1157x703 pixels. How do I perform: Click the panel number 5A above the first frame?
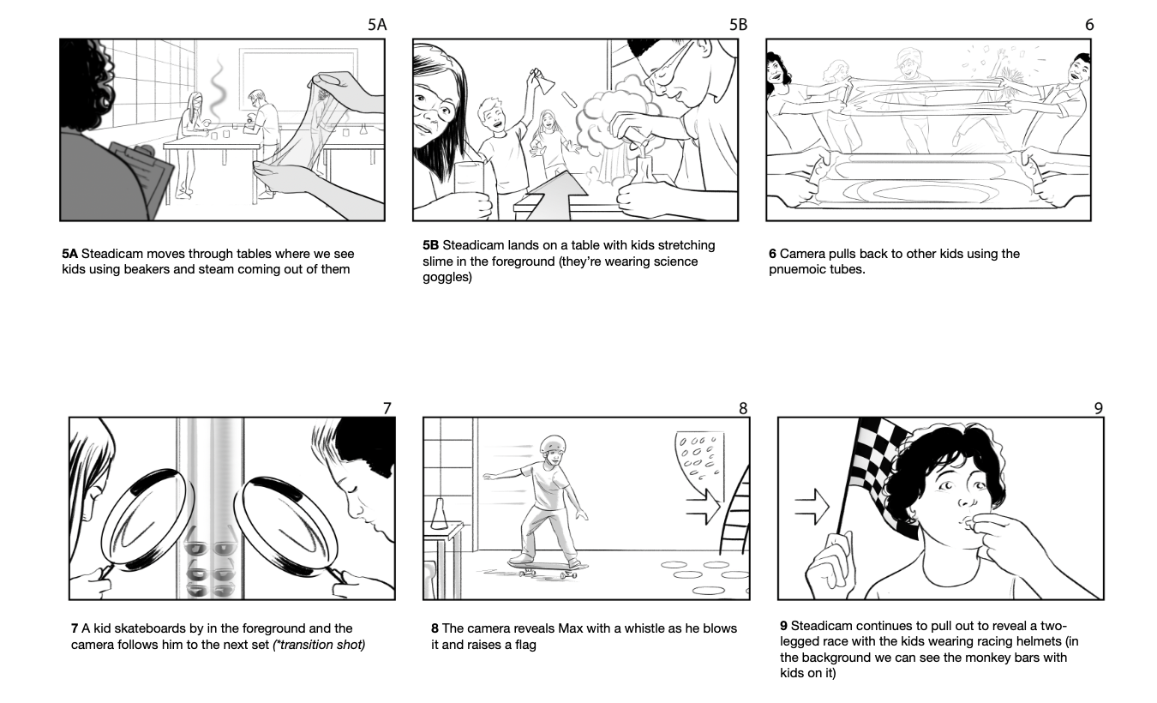[x=377, y=24]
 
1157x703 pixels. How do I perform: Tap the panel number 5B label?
[x=738, y=24]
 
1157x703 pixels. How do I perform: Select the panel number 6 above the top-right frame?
[x=1089, y=24]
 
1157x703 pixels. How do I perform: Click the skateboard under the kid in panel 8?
[x=549, y=568]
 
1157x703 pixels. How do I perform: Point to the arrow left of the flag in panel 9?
[x=812, y=506]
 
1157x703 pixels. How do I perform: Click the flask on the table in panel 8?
[x=439, y=514]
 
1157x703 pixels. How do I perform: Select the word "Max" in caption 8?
[x=569, y=628]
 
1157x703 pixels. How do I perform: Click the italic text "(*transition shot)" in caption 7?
[x=319, y=645]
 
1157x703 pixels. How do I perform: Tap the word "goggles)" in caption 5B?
[x=447, y=278]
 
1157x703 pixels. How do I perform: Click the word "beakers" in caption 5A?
[x=146, y=270]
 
